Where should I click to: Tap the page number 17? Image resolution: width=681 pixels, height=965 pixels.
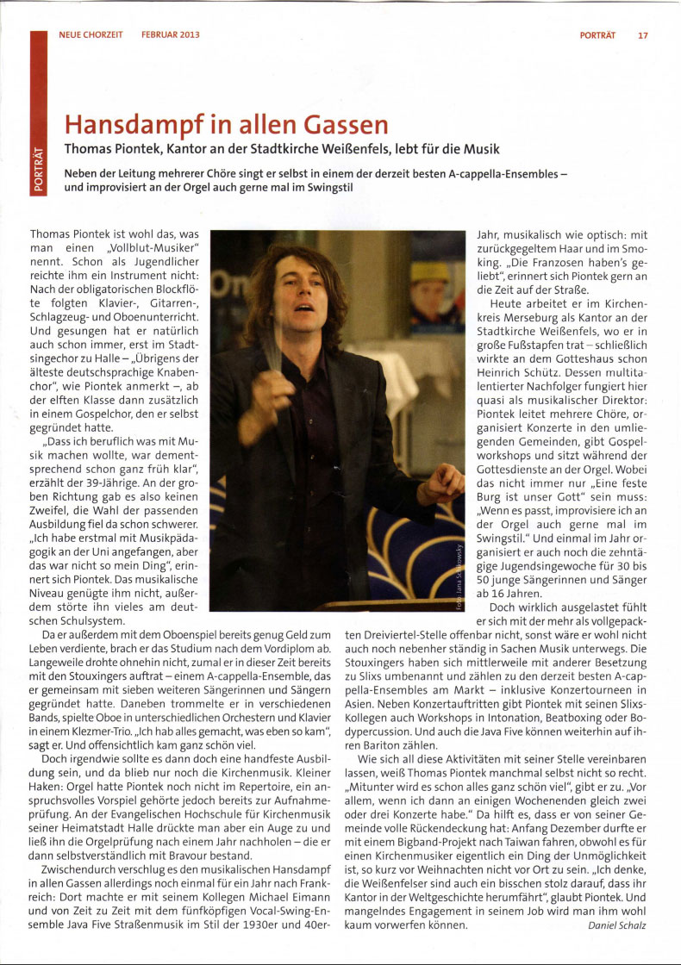click(643, 35)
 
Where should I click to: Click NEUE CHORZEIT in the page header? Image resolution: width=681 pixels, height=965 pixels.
click(91, 35)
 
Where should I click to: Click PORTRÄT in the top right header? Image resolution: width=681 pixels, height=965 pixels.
click(597, 35)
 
